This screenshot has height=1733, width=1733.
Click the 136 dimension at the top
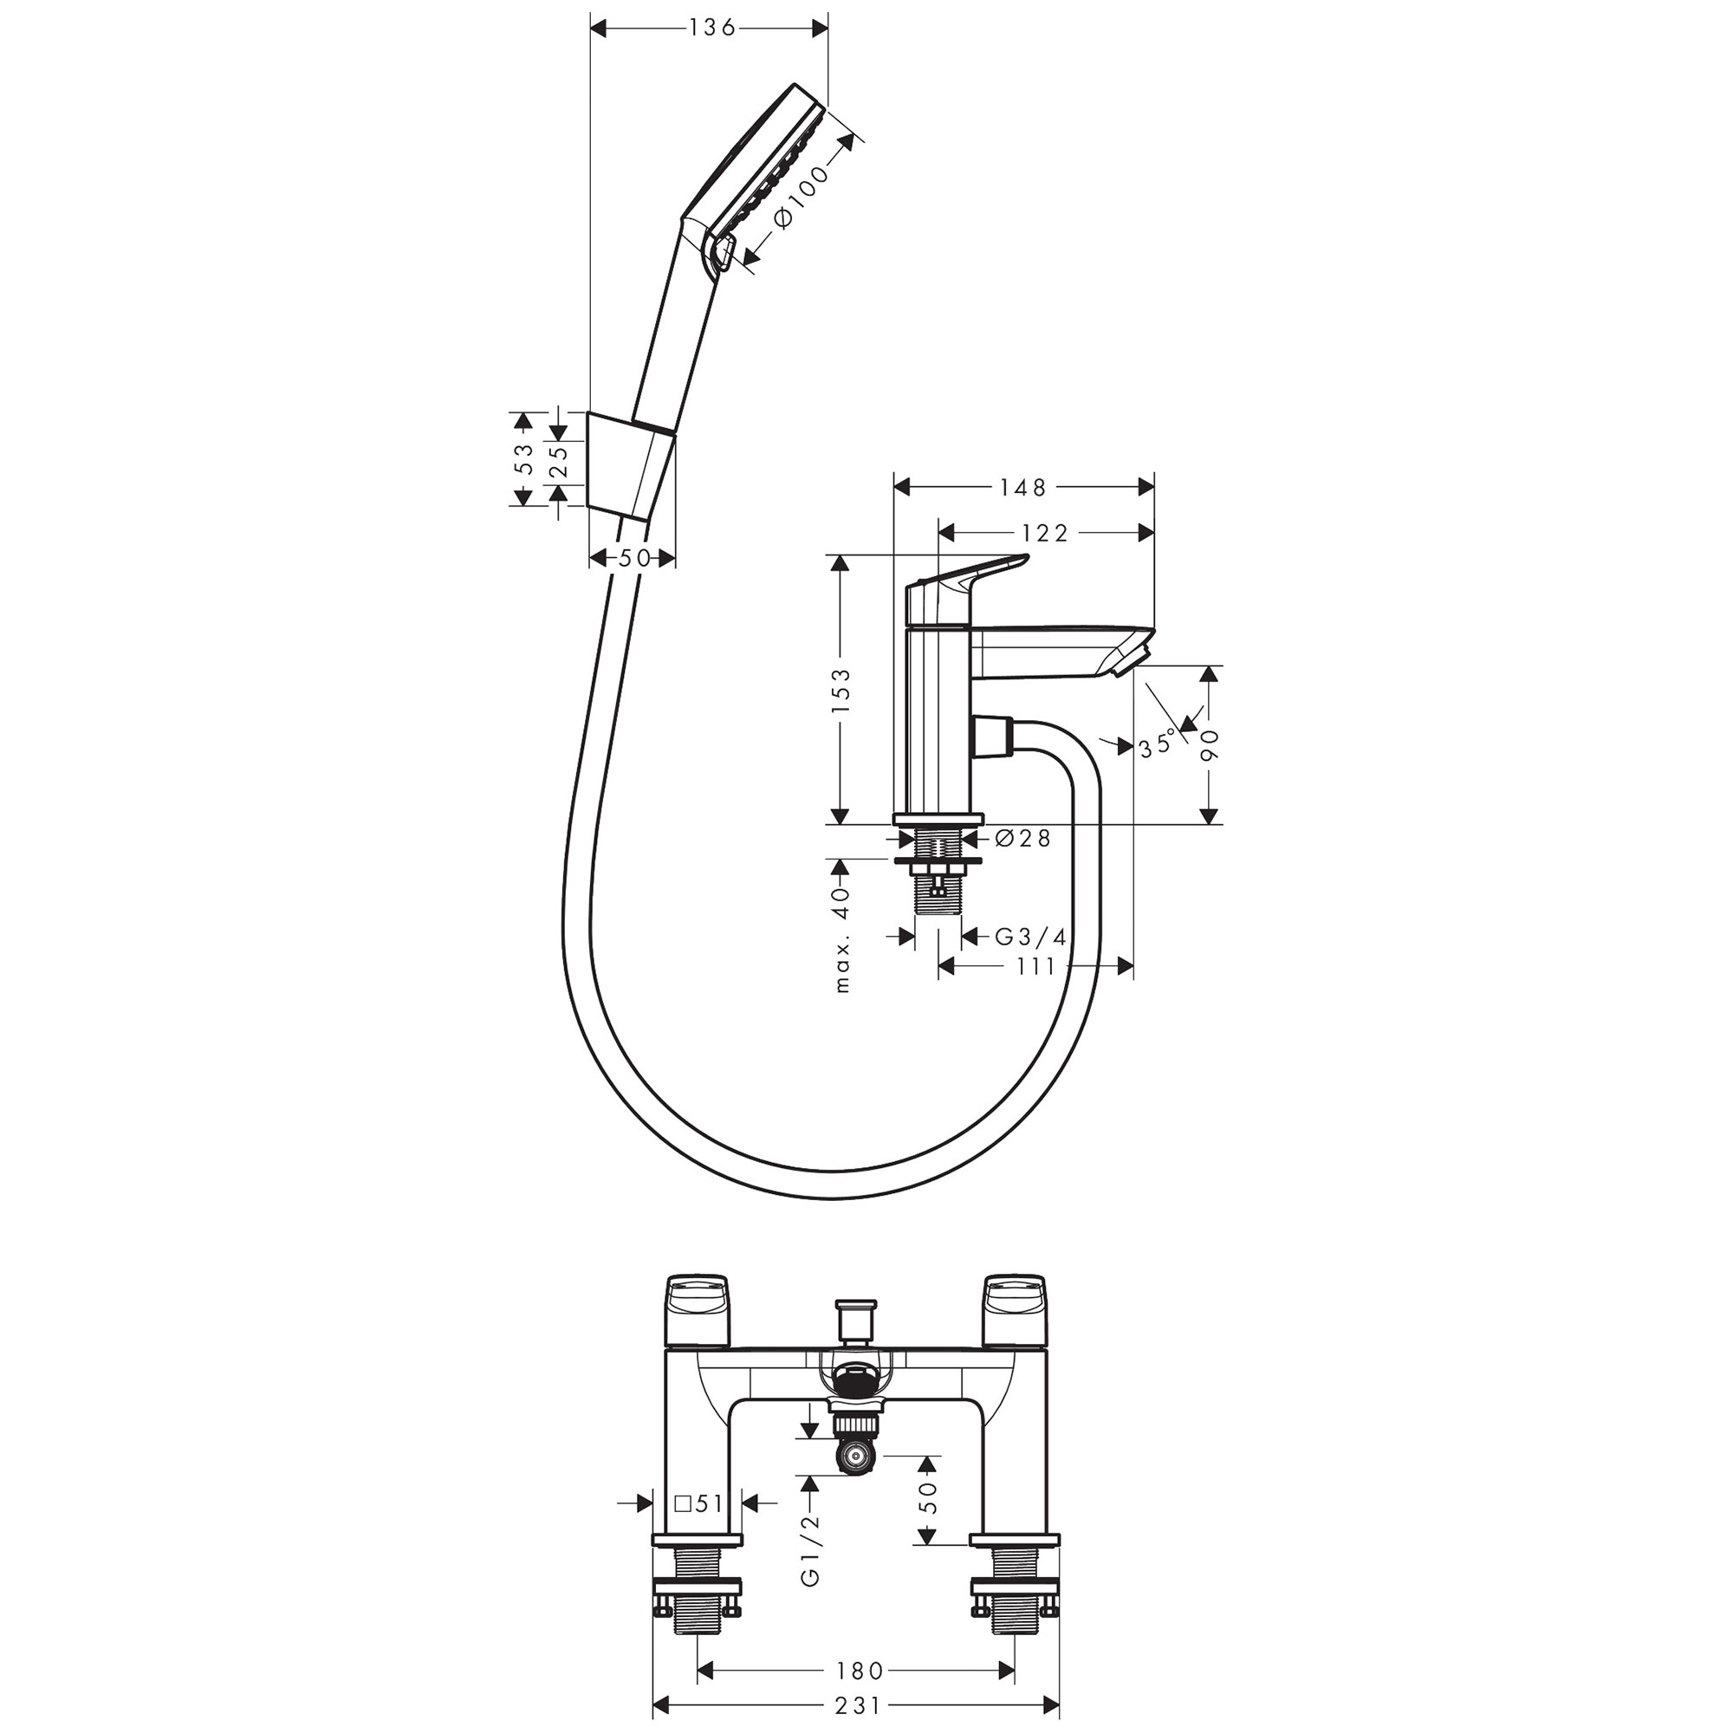click(x=711, y=28)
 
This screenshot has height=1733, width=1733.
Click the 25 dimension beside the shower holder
click(x=558, y=458)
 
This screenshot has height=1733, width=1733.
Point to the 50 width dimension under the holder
click(x=633, y=558)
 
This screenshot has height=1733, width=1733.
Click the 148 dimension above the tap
click(x=1023, y=487)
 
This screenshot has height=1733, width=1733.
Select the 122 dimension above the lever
click(x=1045, y=534)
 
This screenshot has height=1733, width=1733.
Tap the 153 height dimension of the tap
click(x=841, y=691)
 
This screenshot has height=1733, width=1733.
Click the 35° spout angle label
click(x=1157, y=744)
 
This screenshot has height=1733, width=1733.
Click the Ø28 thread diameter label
click(x=1022, y=839)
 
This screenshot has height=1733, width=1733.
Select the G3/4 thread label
click(x=1030, y=938)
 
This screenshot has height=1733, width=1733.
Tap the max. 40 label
click(x=841, y=940)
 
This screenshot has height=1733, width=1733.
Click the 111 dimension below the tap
click(x=1036, y=966)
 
